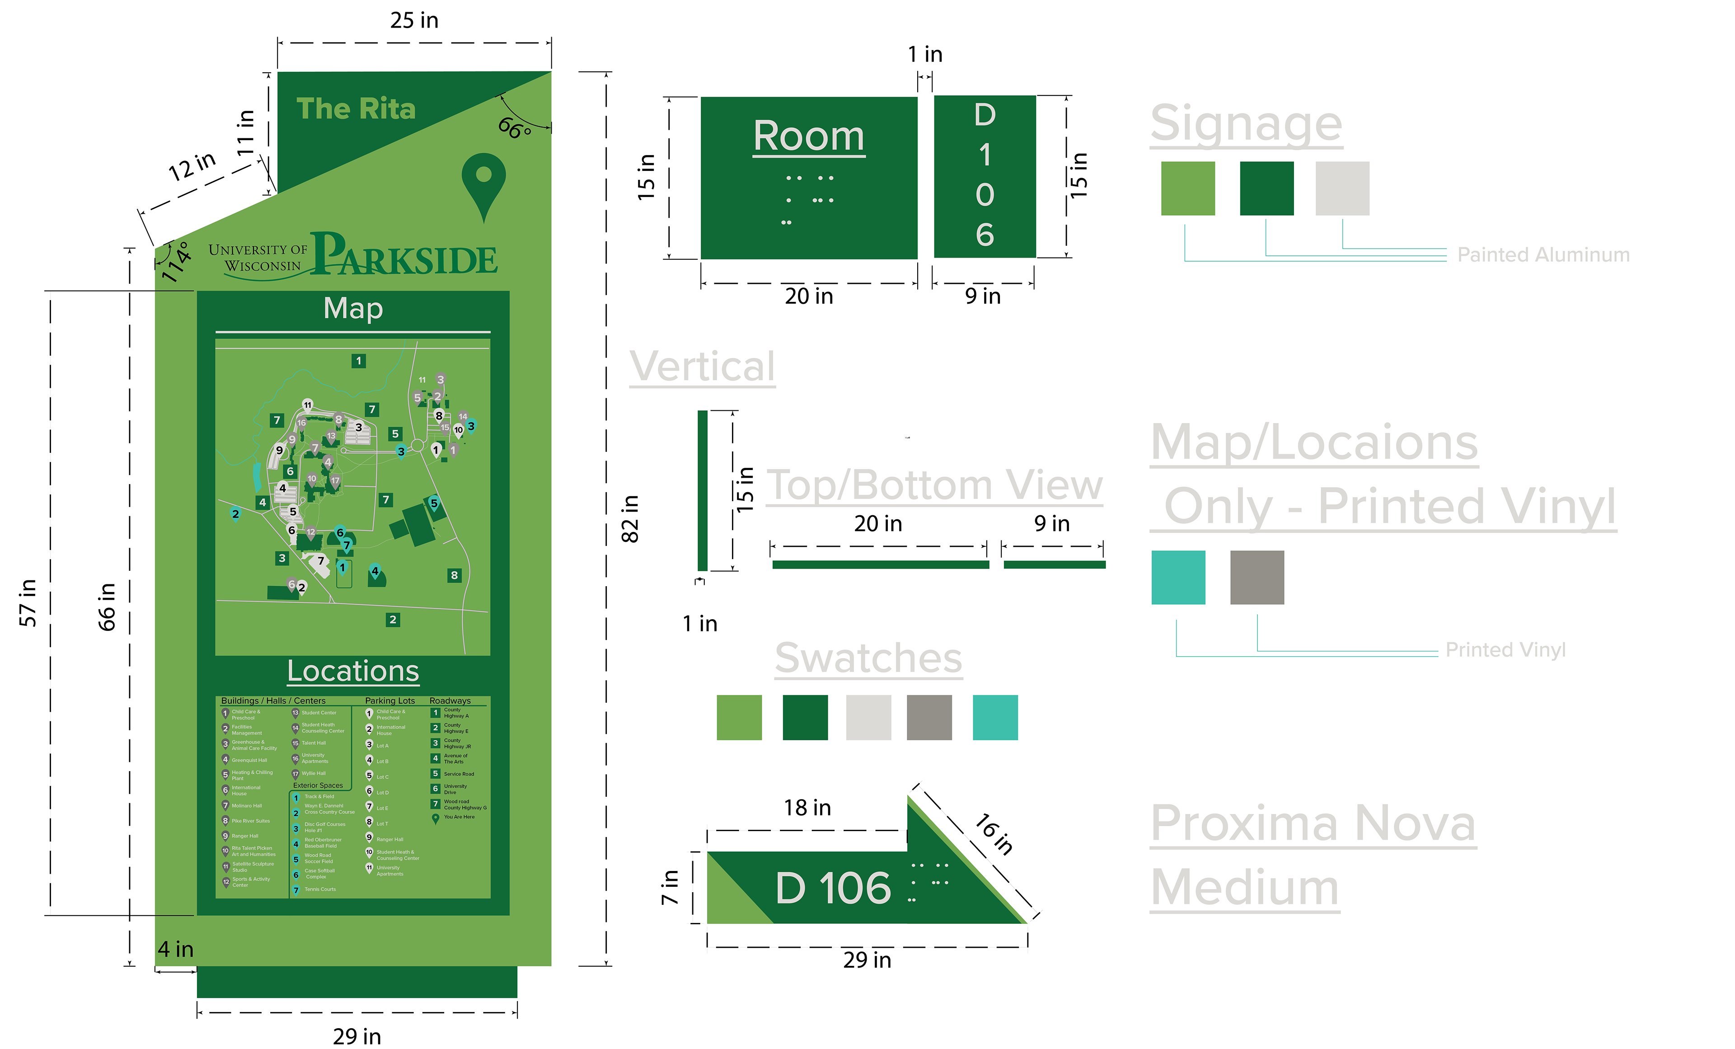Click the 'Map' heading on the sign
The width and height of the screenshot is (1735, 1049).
tap(353, 309)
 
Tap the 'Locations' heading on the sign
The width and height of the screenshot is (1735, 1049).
tap(353, 671)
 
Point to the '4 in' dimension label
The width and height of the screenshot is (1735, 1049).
tap(175, 949)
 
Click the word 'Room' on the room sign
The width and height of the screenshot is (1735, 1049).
tap(808, 136)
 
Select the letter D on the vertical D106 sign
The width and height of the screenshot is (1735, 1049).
tap(985, 115)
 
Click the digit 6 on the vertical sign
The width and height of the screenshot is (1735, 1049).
tap(985, 235)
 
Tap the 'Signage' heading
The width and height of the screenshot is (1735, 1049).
tap(1246, 124)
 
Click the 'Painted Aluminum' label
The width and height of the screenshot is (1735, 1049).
tap(1543, 254)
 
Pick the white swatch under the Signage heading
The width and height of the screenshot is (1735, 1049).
tap(1342, 188)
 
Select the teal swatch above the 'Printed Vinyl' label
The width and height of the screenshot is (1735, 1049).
tap(1178, 578)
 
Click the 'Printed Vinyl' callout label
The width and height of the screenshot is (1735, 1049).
tap(1505, 649)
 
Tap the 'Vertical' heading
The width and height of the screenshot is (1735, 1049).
tap(702, 367)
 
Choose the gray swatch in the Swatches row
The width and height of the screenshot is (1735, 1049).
tap(929, 717)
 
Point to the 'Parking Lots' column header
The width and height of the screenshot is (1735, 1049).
tap(390, 701)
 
